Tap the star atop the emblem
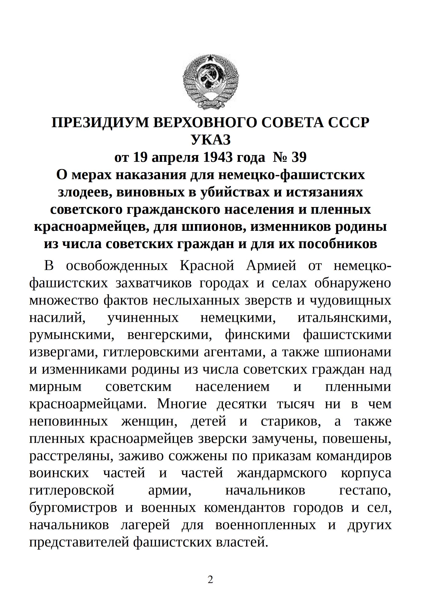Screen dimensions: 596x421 [x=210, y=58]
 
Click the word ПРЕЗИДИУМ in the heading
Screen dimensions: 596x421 [x=100, y=123]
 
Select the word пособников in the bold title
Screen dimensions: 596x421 [x=338, y=244]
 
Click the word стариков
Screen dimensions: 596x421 [x=291, y=421]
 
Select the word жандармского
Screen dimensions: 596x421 [x=282, y=473]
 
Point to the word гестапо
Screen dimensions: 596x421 [x=365, y=491]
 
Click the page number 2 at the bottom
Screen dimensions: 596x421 [x=210, y=579]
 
